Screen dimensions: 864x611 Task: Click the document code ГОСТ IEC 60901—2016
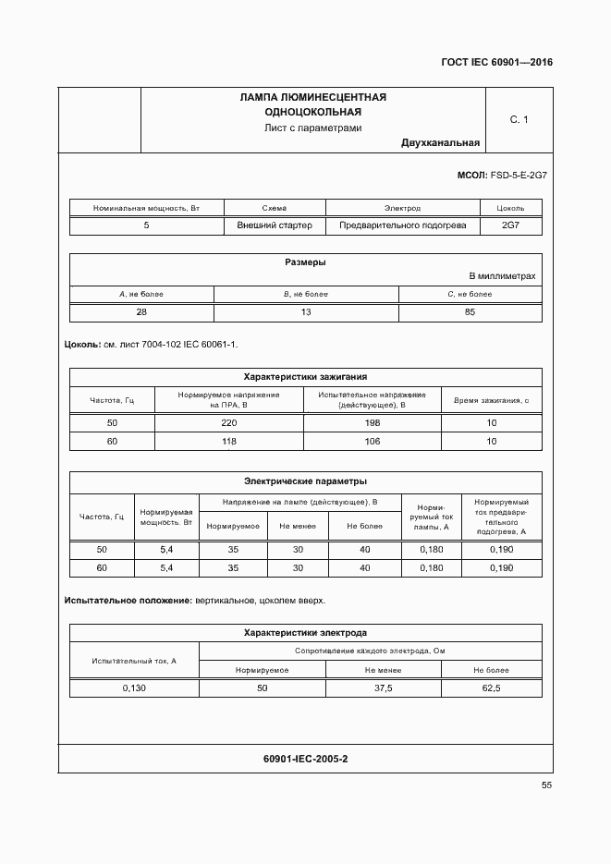497,63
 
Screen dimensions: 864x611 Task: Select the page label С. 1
519,119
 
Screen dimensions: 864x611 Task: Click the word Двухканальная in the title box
440,143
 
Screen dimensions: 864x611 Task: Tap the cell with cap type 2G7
510,225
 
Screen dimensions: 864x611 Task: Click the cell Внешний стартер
275,225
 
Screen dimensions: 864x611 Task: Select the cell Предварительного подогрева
402,225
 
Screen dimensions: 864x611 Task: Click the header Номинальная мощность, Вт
147,208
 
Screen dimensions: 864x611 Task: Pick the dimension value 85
470,312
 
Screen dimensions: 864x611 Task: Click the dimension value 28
141,312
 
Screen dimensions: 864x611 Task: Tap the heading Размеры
305,262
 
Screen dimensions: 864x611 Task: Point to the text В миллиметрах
502,276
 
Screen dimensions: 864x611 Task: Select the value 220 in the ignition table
229,423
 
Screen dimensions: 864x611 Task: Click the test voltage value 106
372,442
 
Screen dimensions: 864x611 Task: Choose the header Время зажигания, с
491,400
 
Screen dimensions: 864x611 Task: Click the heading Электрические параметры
305,481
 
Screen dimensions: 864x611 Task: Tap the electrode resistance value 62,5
491,688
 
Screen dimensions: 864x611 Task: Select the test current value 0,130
135,688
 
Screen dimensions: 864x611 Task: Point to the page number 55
546,785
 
